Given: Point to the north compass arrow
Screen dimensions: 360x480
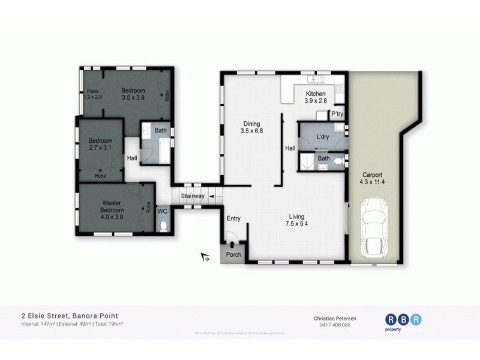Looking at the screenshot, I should pos(205,257).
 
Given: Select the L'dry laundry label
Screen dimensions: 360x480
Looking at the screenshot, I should pos(323,137).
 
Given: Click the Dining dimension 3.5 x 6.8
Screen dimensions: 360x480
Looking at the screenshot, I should pos(252,130).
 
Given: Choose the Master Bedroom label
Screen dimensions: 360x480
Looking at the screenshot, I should pos(112,207).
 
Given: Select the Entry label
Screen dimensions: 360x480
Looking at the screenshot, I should pos(233,218).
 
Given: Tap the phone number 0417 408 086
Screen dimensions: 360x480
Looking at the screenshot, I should pos(332,325).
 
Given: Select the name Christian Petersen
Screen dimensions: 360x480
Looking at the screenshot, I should pos(332,318).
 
